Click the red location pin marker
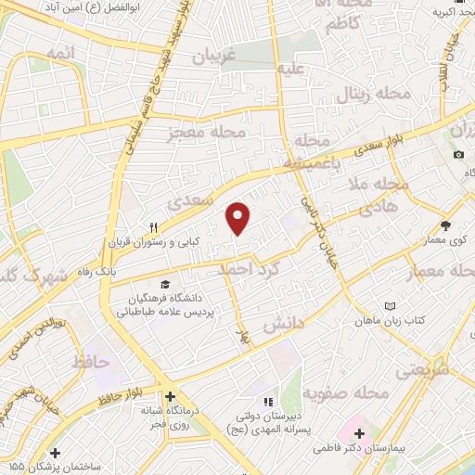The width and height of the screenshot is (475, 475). (239, 219)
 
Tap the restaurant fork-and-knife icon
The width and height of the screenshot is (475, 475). (156, 226)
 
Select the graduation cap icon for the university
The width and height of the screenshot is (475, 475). (165, 285)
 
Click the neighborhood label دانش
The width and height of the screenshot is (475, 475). (282, 323)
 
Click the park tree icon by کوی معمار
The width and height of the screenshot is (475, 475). (446, 225)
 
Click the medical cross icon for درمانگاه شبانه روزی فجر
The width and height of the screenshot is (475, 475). (167, 394)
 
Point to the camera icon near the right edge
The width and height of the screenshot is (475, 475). (459, 153)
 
